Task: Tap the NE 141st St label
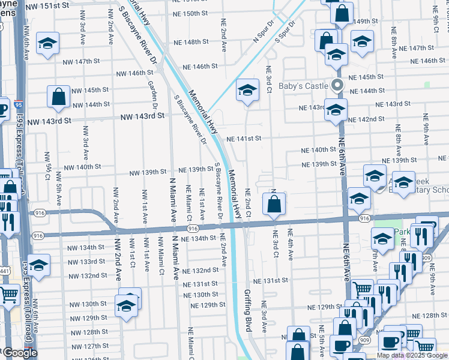pyautogui.click(x=244, y=139)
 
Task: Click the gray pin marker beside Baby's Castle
pyautogui.click(x=337, y=86)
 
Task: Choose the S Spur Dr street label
pyautogui.click(x=285, y=33)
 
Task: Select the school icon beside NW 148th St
pyautogui.click(x=47, y=44)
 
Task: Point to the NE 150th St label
pyautogui.click(x=190, y=13)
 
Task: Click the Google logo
pyautogui.click(x=20, y=353)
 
